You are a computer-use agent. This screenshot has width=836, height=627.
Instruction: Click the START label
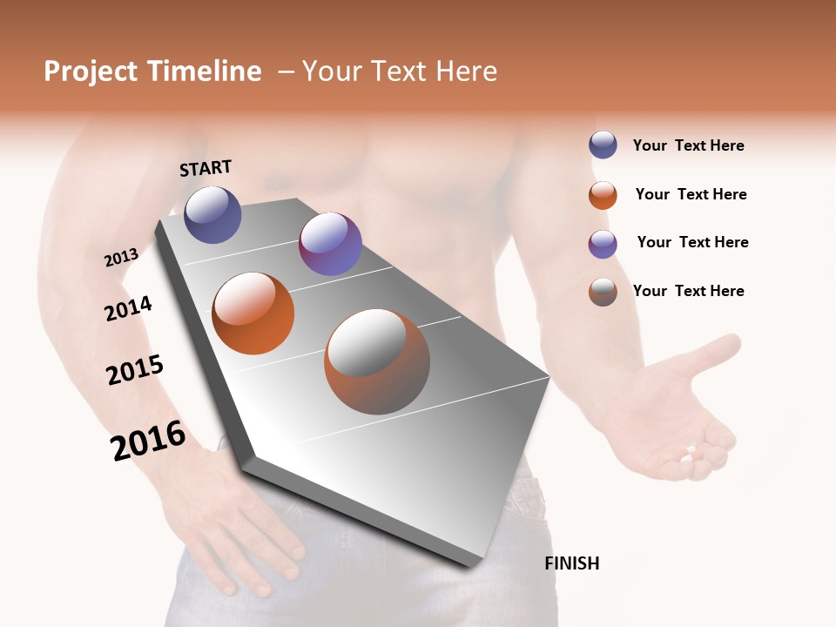coord(206,168)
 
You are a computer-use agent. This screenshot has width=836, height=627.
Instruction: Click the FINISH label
coord(571,563)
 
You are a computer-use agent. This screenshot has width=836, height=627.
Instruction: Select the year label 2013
coord(121,258)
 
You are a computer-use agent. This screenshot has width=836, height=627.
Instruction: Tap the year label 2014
coord(128,308)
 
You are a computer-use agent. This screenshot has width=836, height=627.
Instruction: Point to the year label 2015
coord(135,369)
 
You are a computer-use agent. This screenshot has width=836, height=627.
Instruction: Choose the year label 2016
coord(148,440)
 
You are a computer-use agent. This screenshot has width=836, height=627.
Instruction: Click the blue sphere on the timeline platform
coord(212,214)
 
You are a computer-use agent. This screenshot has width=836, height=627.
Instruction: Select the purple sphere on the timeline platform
coord(330,244)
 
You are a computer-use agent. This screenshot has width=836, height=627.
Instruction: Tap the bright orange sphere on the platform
coord(253,313)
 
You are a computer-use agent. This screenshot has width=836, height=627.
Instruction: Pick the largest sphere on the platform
coord(377,361)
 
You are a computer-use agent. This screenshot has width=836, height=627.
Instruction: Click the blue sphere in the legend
coord(603,145)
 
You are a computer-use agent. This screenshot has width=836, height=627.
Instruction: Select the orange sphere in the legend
coord(603,195)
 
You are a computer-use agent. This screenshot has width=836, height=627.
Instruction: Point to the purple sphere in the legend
coord(603,244)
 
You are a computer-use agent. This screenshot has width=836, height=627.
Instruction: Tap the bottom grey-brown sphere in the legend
coord(603,292)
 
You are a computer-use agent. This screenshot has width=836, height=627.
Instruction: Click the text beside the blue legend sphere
coord(688,145)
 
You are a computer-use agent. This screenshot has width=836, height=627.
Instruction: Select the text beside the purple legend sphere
coord(692,242)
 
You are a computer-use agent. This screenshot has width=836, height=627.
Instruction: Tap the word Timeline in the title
coord(204,71)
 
